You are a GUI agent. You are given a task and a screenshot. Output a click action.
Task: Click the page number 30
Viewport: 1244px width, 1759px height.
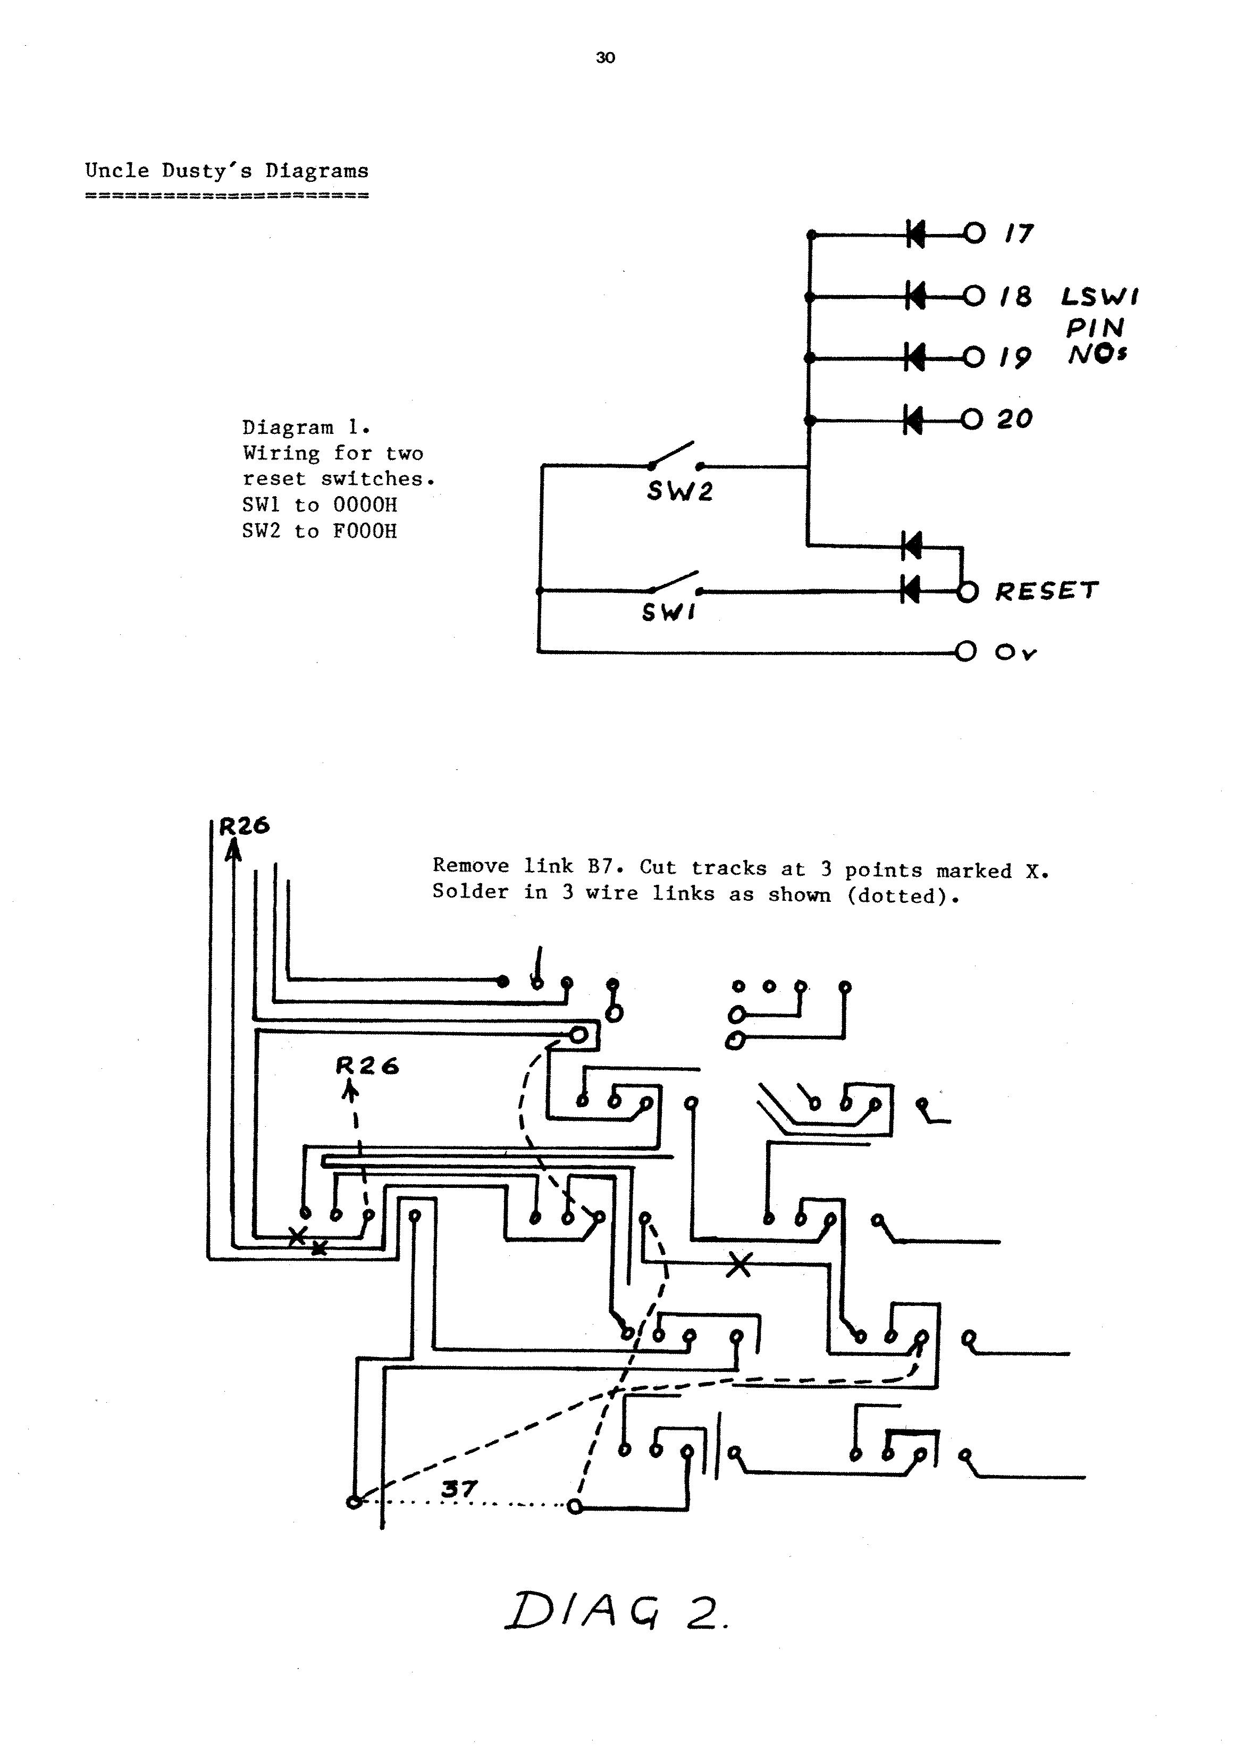point(605,58)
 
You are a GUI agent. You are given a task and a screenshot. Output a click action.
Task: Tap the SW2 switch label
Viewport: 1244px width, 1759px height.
point(679,491)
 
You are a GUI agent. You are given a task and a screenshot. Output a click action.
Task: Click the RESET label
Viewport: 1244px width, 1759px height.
point(1046,591)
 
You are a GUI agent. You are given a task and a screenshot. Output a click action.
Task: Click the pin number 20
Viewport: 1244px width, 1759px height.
point(1015,419)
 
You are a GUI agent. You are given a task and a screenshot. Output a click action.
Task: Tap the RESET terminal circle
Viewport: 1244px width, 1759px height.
point(968,591)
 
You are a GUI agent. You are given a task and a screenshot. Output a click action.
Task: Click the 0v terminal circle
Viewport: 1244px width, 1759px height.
point(966,652)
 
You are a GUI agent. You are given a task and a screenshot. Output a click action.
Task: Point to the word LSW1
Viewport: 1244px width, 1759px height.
point(1100,297)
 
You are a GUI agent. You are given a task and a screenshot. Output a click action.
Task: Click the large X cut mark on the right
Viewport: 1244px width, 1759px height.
point(738,1264)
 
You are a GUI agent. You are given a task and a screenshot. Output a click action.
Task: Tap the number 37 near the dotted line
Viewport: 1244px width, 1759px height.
point(459,1488)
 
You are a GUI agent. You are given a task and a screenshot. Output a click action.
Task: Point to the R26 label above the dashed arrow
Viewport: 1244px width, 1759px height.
point(368,1066)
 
